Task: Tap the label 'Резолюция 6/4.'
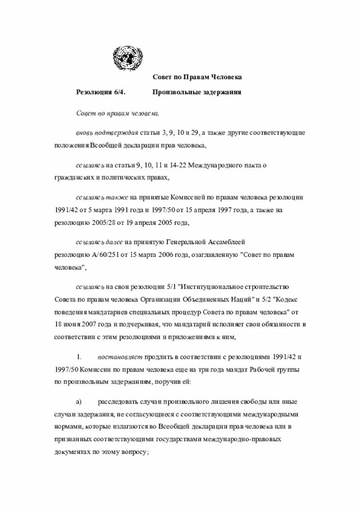click(x=101, y=91)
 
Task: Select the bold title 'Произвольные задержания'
click(x=196, y=91)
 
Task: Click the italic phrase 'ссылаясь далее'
click(x=100, y=241)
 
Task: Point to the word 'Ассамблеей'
click(x=227, y=241)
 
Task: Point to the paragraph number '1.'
click(x=79, y=356)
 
